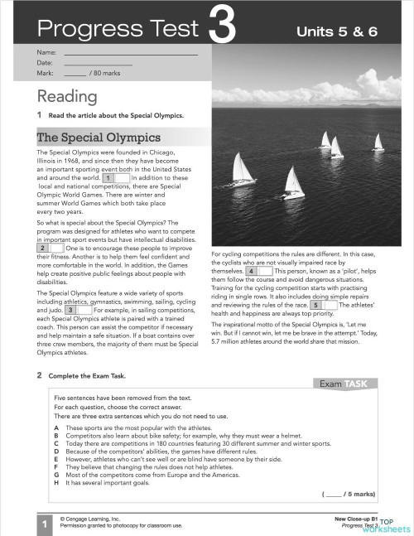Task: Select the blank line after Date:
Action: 98,63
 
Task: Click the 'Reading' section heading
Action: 67,97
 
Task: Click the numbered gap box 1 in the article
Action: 116,177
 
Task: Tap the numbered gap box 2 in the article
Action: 51,248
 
